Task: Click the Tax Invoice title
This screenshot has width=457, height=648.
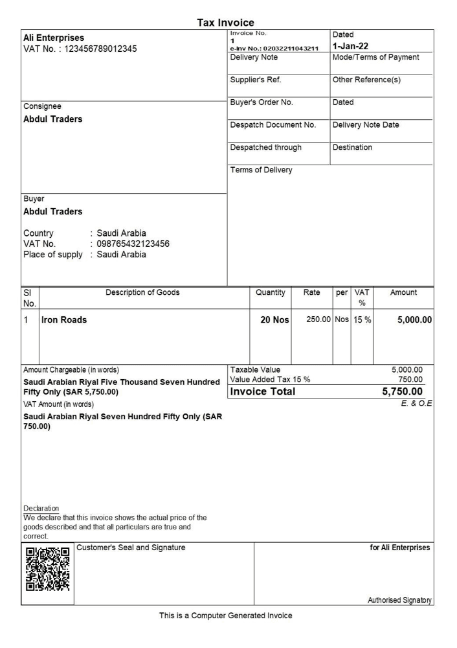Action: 225,23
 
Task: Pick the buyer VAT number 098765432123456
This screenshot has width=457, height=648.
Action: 133,244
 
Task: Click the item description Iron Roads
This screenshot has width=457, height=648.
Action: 64,319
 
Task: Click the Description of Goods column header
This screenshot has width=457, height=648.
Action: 143,292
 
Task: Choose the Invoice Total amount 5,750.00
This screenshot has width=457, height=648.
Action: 403,391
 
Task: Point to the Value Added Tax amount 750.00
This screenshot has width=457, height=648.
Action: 410,379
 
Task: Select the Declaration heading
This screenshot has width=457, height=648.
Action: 41,508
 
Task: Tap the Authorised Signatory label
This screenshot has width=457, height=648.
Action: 399,601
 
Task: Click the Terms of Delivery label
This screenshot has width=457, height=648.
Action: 261,170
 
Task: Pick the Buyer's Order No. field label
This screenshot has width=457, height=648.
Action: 262,102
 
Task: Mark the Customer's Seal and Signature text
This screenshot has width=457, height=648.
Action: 131,548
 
